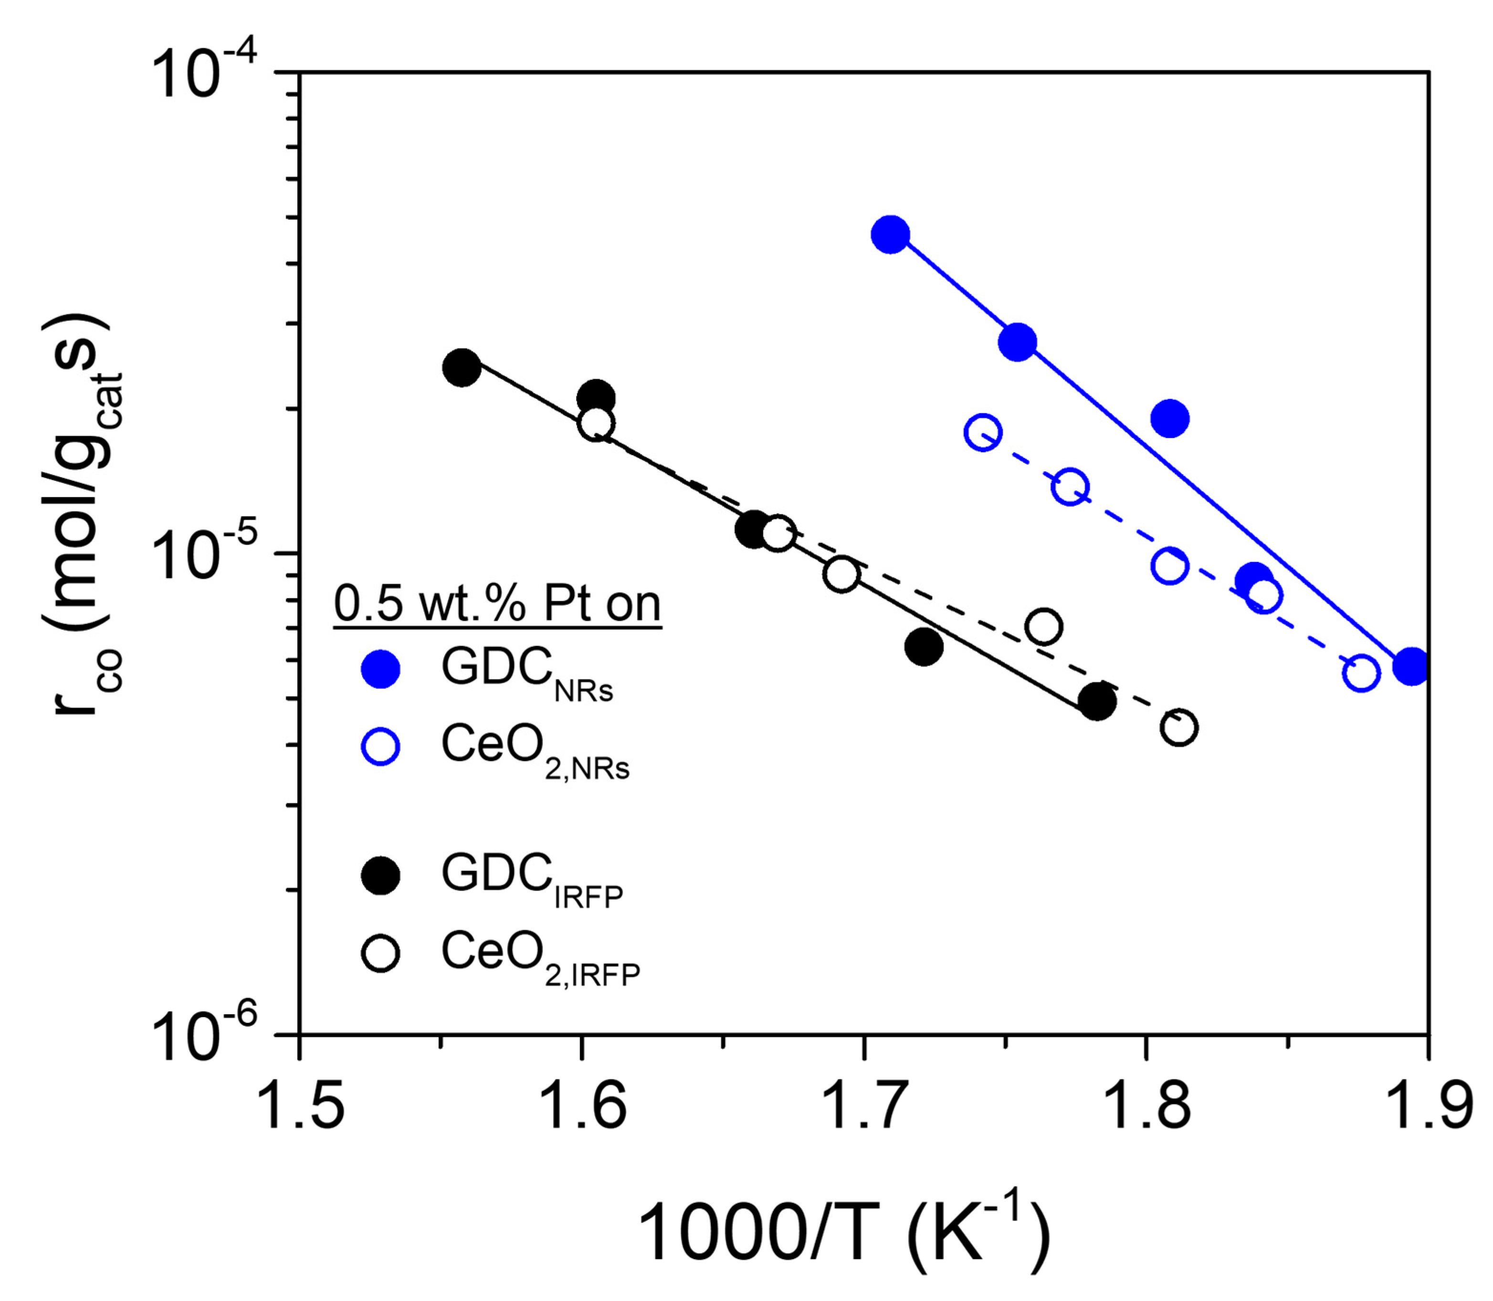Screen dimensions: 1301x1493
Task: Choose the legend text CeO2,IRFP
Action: (540, 957)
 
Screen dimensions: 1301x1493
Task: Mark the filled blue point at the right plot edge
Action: (1412, 666)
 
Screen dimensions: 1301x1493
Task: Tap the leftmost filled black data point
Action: (461, 367)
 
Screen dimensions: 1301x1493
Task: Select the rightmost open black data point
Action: (1178, 728)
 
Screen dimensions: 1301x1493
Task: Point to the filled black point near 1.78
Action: (1096, 701)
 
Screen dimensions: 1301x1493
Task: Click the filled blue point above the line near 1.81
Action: (1169, 419)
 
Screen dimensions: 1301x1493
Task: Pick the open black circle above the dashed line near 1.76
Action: (1043, 626)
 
